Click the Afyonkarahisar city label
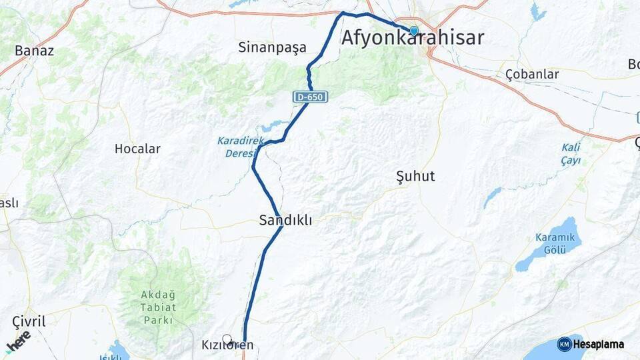click(x=413, y=38)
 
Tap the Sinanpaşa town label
click(x=272, y=47)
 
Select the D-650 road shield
click(x=310, y=97)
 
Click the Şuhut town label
click(x=415, y=176)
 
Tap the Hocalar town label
click(x=137, y=149)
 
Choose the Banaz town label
click(x=34, y=50)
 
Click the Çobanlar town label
click(x=532, y=74)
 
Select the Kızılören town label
click(x=227, y=345)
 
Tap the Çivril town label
click(x=29, y=322)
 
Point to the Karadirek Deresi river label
click(x=237, y=147)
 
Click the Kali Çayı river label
click(x=571, y=154)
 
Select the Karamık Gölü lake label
click(x=550, y=243)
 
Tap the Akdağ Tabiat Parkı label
click(x=159, y=307)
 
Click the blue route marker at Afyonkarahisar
click(x=413, y=31)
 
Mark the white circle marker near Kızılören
click(x=227, y=339)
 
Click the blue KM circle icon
click(x=564, y=344)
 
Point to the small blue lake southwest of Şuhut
click(x=492, y=197)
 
